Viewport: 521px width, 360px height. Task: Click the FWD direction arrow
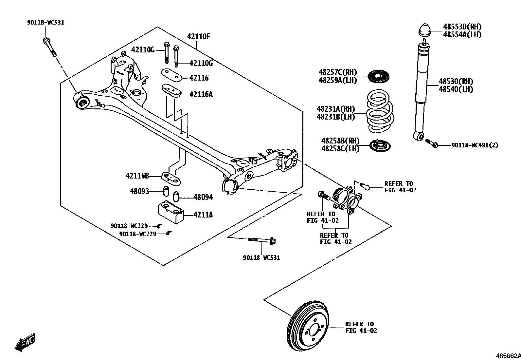(x=25, y=343)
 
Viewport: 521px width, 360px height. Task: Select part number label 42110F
(x=198, y=36)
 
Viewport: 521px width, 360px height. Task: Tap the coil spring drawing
(x=380, y=111)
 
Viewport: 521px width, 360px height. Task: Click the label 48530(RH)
(x=456, y=82)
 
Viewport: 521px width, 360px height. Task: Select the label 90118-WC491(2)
(x=475, y=145)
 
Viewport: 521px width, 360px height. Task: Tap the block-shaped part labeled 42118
(x=171, y=212)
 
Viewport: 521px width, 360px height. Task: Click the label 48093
(x=139, y=191)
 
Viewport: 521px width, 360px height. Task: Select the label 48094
(x=203, y=197)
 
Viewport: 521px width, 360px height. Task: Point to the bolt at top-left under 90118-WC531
(x=49, y=47)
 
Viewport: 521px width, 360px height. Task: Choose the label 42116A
(x=201, y=94)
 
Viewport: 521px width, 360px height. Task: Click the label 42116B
(x=137, y=176)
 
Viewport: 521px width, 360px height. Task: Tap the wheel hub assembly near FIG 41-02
(x=347, y=199)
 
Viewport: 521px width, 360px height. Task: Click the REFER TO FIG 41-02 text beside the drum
(x=361, y=327)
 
